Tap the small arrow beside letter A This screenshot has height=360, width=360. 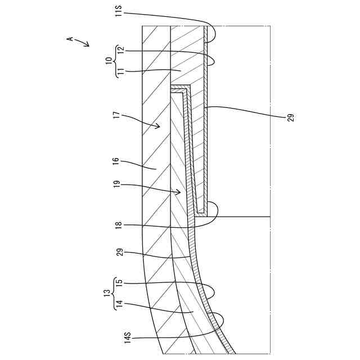pyautogui.click(x=84, y=43)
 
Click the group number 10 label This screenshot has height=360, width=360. pyautogui.click(x=109, y=60)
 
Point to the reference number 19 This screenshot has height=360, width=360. pyautogui.click(x=118, y=184)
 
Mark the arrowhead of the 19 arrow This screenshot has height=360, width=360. pyautogui.click(x=181, y=193)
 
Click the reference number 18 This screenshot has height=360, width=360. pyautogui.click(x=118, y=226)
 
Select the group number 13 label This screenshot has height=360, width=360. pyautogui.click(x=109, y=294)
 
